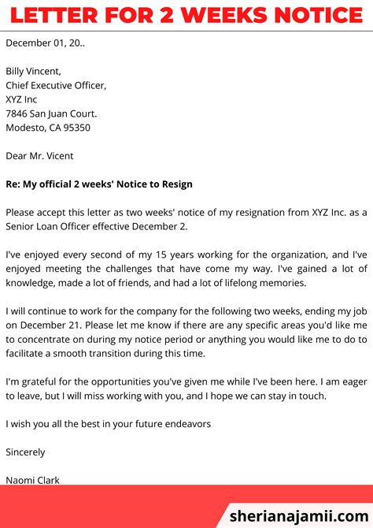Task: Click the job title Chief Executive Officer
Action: coord(56,85)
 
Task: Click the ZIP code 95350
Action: coord(76,128)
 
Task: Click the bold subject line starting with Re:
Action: coord(98,184)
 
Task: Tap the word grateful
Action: coord(39,381)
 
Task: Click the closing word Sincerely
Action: coord(25,452)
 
